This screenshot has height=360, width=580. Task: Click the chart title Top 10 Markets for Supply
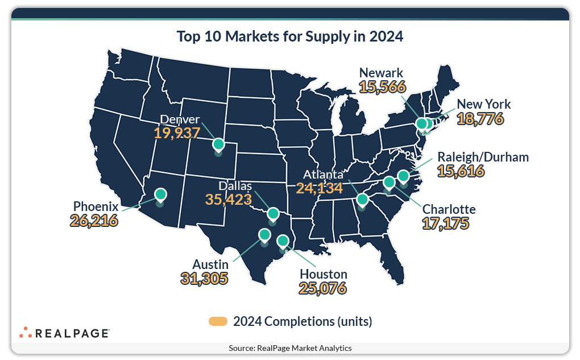[289, 36]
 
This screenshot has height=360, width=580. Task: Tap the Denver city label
[180, 119]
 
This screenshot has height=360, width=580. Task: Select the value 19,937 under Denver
[177, 133]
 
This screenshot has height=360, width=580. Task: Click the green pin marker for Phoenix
[160, 195]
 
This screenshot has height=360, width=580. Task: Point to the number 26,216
[94, 220]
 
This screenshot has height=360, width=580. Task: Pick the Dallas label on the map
[235, 187]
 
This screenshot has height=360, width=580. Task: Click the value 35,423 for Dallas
[228, 200]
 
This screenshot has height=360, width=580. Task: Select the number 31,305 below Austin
[204, 278]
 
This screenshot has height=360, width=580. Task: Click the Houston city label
[324, 274]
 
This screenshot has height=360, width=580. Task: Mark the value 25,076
[323, 288]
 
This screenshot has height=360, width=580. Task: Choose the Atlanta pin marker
[362, 199]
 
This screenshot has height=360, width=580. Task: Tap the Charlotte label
[449, 209]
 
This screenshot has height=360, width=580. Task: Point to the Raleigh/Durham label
[483, 157]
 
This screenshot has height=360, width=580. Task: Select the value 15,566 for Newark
[382, 86]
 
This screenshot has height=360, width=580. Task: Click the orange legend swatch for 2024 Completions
[218, 321]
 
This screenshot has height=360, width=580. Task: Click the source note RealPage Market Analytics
[290, 348]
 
